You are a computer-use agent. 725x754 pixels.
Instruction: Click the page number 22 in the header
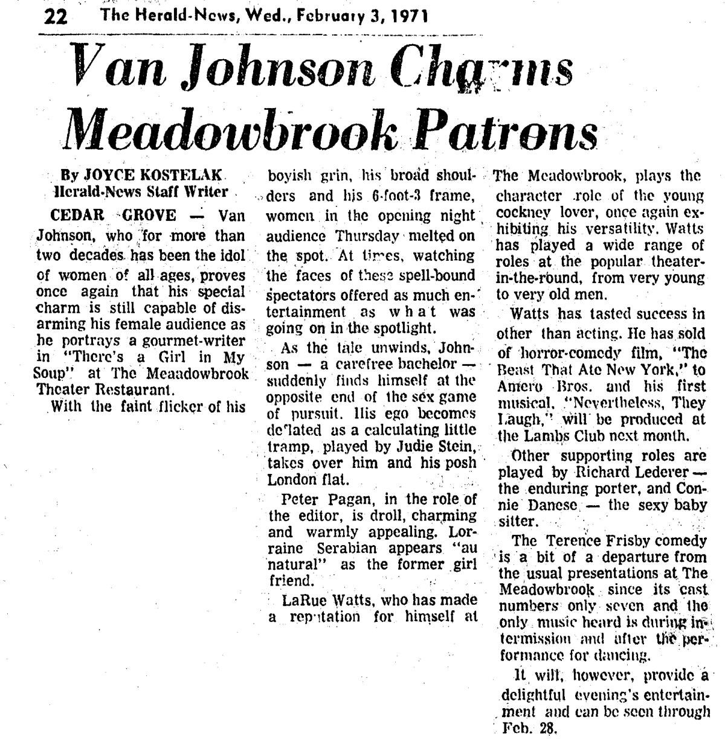click(56, 16)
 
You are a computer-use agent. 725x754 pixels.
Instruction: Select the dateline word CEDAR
click(78, 216)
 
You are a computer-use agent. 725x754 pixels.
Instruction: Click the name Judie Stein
click(433, 447)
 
